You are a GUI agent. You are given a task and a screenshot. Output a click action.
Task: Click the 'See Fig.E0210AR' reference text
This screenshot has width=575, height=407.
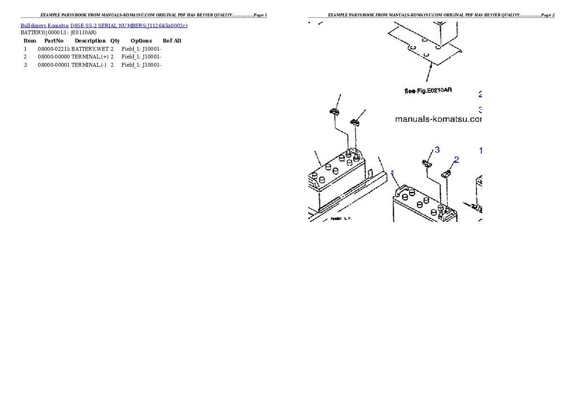[428, 90]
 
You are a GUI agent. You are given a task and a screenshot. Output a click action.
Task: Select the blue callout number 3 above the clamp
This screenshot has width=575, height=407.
[437, 150]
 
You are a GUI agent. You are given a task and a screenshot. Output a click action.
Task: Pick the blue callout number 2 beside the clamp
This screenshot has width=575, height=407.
[456, 159]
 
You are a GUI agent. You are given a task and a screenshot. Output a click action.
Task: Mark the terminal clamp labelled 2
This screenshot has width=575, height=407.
[447, 173]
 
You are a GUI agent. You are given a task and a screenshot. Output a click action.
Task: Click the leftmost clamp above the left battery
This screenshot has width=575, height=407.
[333, 112]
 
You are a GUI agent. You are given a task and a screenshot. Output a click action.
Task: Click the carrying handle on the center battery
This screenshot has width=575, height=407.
[403, 189]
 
